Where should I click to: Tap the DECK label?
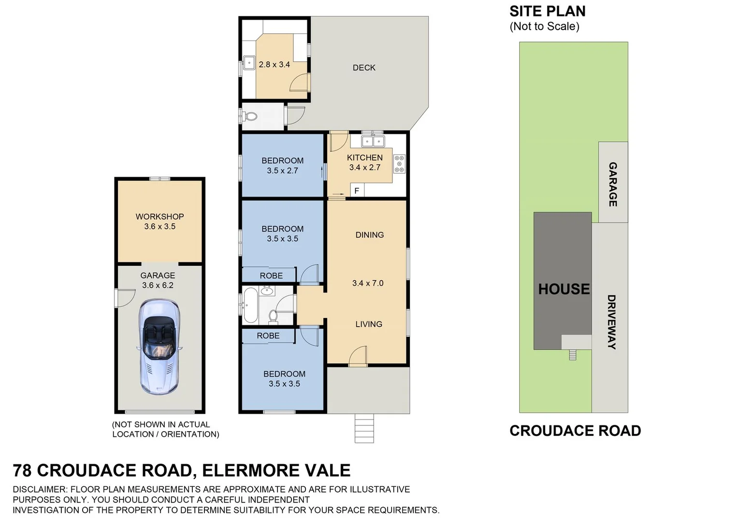coord(364,68)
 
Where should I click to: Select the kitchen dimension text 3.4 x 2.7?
coord(364,168)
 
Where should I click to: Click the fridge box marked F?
coord(357,191)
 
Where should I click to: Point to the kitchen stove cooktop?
coord(399,164)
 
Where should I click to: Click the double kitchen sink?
coord(373,141)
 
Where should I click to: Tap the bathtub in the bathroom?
coord(250,305)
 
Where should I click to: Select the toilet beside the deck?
coord(250,116)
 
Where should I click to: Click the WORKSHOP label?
coord(160,217)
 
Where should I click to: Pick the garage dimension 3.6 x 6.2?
coord(158,285)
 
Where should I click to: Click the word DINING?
coord(369,235)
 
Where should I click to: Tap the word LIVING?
coord(369,324)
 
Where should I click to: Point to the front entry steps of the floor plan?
coord(364,428)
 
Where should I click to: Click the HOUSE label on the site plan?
coord(564,289)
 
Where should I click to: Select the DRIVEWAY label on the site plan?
coord(611,322)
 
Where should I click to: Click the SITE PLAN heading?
coord(547,11)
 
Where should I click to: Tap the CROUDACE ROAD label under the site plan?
coord(575,431)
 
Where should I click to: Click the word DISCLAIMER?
coord(42,489)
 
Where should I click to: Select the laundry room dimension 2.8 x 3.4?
coord(274,64)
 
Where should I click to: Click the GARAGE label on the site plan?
coord(613,184)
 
